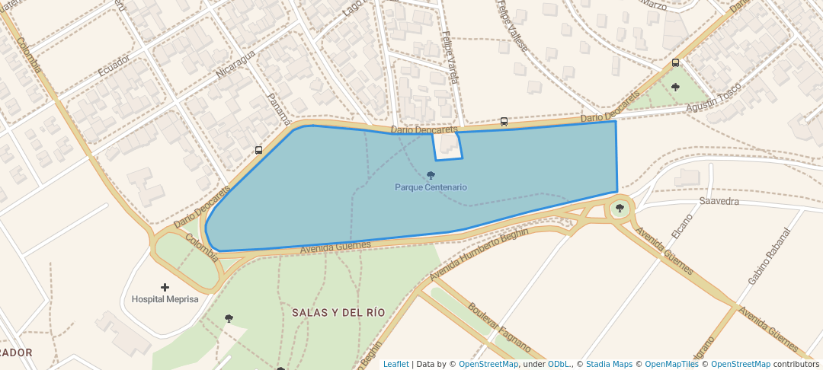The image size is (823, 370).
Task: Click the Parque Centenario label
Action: pos(431,187)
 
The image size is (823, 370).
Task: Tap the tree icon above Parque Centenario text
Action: pos(431,175)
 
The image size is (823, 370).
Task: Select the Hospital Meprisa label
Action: pos(165,299)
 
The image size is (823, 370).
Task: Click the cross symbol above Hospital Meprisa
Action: pos(165,287)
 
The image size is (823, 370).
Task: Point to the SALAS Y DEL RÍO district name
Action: pos(338,313)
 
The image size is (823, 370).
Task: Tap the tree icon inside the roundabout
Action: pos(620,208)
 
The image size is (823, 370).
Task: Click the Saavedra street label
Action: pos(719,202)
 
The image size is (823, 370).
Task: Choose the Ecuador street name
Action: pos(114,65)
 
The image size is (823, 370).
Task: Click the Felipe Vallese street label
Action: pos(512,25)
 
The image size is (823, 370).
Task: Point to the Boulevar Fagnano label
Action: pos(499,327)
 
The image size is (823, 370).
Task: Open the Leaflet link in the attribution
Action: pos(395,364)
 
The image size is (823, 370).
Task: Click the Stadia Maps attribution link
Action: pos(609,364)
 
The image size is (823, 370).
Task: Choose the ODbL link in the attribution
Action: pos(559,364)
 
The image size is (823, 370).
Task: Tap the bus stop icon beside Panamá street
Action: pos(258,150)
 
